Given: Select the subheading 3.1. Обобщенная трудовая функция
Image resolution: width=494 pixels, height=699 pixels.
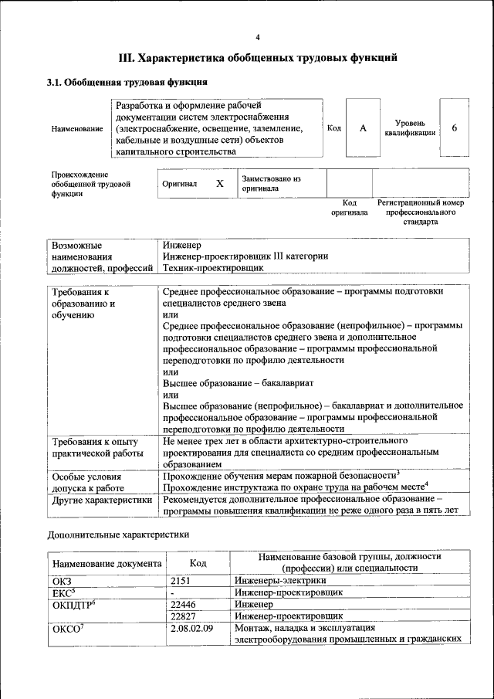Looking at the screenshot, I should click(x=127, y=82).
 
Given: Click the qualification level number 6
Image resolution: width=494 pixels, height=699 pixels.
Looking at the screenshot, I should click(x=455, y=128).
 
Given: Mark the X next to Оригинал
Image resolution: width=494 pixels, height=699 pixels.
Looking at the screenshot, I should click(x=219, y=184).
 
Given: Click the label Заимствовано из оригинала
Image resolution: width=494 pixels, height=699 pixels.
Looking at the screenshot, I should click(x=271, y=183).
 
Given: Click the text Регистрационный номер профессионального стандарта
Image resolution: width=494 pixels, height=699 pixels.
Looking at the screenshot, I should click(x=421, y=212).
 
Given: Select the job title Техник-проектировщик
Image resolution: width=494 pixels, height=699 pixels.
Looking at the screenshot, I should click(x=213, y=268).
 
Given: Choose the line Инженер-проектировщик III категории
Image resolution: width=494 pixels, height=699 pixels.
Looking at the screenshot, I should click(x=245, y=256).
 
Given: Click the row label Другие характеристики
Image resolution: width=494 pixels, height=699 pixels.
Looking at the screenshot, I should click(x=101, y=500).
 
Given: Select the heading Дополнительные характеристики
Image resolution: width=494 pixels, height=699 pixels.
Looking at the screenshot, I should click(x=118, y=534).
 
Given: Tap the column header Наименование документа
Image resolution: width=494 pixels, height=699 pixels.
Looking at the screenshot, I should click(x=107, y=564).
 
